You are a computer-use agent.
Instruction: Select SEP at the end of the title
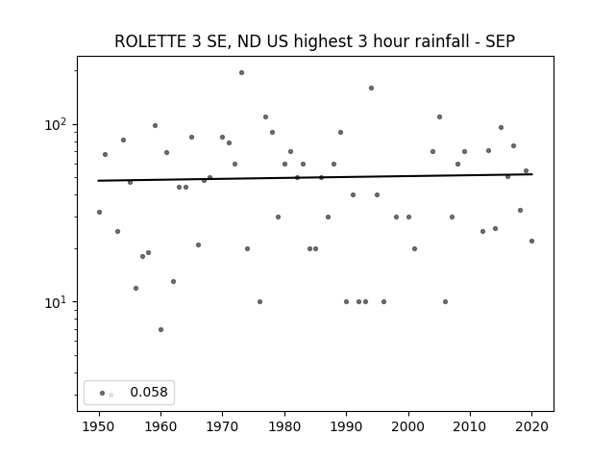click(x=500, y=41)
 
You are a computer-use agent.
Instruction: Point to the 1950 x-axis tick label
click(x=99, y=426)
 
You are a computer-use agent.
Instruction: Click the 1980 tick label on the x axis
click(x=284, y=426)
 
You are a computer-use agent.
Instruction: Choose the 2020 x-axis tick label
click(x=531, y=426)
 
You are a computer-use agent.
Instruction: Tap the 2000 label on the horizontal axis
click(x=408, y=426)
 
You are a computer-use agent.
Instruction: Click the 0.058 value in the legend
click(x=149, y=392)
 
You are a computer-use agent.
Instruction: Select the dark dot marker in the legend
click(x=103, y=393)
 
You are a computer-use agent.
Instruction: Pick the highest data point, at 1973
click(x=241, y=73)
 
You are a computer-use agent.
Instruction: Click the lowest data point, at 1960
click(x=160, y=329)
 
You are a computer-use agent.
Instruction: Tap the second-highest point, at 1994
click(x=372, y=88)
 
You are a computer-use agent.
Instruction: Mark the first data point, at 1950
click(x=99, y=212)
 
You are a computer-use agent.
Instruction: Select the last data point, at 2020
click(x=531, y=241)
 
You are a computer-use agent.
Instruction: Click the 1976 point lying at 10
click(x=260, y=301)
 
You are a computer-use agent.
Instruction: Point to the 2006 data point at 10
click(x=445, y=301)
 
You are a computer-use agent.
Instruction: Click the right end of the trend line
click(x=532, y=174)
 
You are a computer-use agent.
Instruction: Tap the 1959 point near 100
click(x=155, y=126)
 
